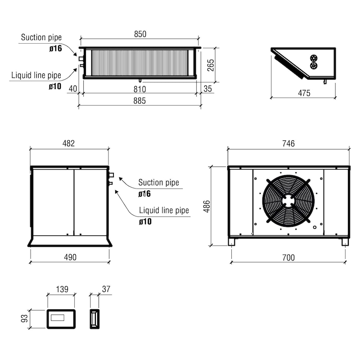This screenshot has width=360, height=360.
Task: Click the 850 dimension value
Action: pos(140,34)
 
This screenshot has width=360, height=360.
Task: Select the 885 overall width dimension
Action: pos(139,100)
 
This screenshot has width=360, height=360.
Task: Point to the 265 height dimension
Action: pos(211,65)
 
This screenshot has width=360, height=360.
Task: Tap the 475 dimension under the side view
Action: pos(304,93)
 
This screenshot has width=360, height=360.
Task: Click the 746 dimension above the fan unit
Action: pos(288,144)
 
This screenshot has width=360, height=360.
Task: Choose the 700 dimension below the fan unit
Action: pos(288,257)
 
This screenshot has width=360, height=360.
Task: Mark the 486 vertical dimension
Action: pos(207,206)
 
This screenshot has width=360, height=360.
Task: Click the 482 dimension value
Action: pos(69,143)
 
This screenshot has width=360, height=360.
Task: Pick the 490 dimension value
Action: pos(70,257)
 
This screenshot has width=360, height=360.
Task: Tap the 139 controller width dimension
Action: pos(62,289)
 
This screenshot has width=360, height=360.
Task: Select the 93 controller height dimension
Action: pos(24,319)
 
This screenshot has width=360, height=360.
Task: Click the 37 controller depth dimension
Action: pos(106,289)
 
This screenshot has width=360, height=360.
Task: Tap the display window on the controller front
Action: pos(58,318)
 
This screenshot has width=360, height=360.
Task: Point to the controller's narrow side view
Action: pos(94,319)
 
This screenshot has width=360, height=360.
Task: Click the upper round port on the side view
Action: pos(313,58)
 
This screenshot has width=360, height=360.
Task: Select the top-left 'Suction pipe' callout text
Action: pos(41,37)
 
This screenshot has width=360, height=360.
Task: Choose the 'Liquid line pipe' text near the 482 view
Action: pos(164,210)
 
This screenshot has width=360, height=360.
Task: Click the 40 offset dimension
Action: pos(73,89)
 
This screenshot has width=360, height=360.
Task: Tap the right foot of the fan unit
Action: pos(345,242)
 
